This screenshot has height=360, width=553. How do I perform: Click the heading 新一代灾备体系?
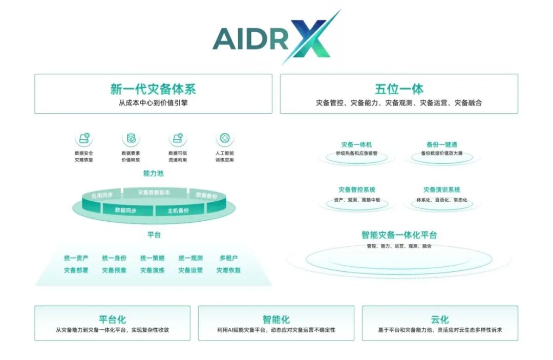(153, 89)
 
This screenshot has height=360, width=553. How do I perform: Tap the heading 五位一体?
(399, 89)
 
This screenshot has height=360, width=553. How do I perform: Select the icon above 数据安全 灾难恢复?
(84, 138)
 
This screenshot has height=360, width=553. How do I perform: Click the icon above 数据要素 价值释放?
(131, 138)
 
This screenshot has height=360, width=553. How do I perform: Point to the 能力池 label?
(153, 174)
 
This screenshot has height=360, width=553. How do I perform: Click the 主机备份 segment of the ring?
(178, 210)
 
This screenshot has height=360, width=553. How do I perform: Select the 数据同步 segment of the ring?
(125, 210)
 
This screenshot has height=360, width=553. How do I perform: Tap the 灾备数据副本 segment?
(154, 193)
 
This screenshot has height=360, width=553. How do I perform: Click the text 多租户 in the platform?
(228, 258)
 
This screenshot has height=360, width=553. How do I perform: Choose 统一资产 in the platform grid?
(76, 258)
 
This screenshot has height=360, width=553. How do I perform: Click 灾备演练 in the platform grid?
(153, 270)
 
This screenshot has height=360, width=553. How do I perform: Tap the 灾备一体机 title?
(356, 145)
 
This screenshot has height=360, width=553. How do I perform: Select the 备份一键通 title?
(442, 145)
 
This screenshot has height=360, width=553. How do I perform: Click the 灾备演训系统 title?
(442, 190)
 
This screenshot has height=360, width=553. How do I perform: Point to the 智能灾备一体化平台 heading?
(399, 235)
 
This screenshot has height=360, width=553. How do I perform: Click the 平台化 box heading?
(112, 320)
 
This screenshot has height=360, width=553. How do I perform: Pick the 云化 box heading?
(439, 320)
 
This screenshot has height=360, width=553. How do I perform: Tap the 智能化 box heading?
(276, 320)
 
